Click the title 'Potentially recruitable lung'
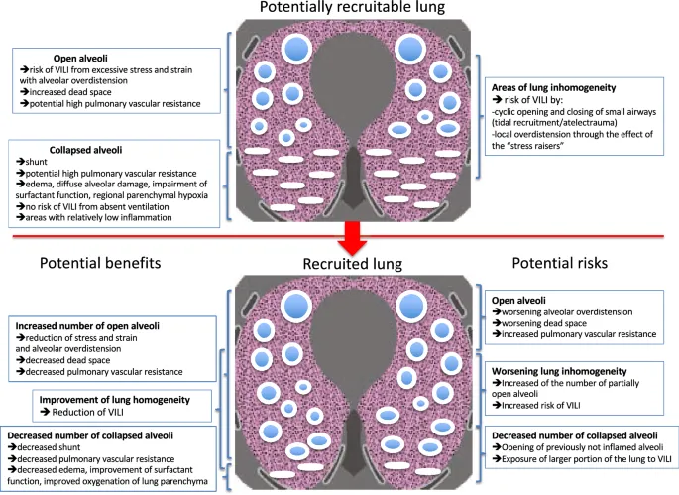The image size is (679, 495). pyautogui.click(x=340, y=10)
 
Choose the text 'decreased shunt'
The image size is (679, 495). pyautogui.click(x=58, y=447)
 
